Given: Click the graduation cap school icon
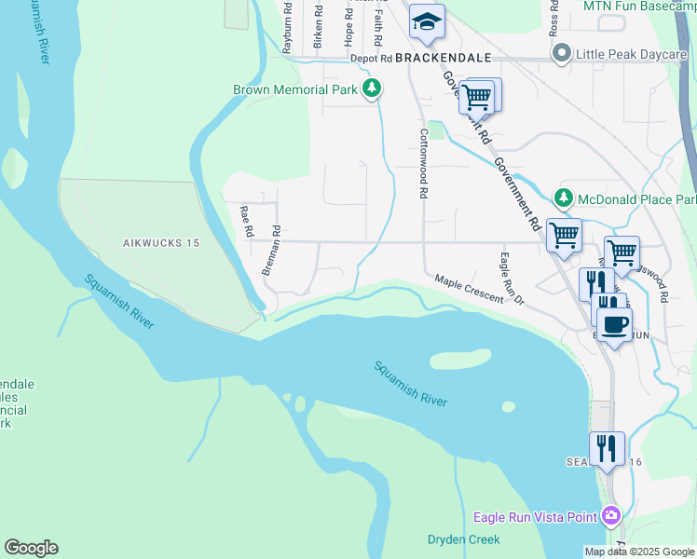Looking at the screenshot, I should click(427, 21).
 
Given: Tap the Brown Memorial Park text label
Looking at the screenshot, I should click(294, 89).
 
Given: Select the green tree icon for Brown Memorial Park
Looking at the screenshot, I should click(372, 89).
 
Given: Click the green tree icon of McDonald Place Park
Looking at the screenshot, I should click(563, 198).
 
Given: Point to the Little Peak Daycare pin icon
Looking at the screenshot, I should click(561, 54).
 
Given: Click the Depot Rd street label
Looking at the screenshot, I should click(371, 58).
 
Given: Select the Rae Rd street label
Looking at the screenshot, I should click(246, 222).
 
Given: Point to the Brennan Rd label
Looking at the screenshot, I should click(271, 250).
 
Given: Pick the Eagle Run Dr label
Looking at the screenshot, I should click(512, 279).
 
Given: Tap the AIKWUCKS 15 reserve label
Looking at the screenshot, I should click(161, 243).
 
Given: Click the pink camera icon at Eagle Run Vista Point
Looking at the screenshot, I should click(610, 515).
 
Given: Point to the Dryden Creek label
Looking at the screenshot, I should click(463, 539).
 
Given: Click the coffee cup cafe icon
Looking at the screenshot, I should click(614, 324).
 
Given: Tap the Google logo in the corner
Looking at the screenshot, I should click(31, 548).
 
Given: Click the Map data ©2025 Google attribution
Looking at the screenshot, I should click(640, 552).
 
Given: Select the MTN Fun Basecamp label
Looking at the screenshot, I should click(639, 6).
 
